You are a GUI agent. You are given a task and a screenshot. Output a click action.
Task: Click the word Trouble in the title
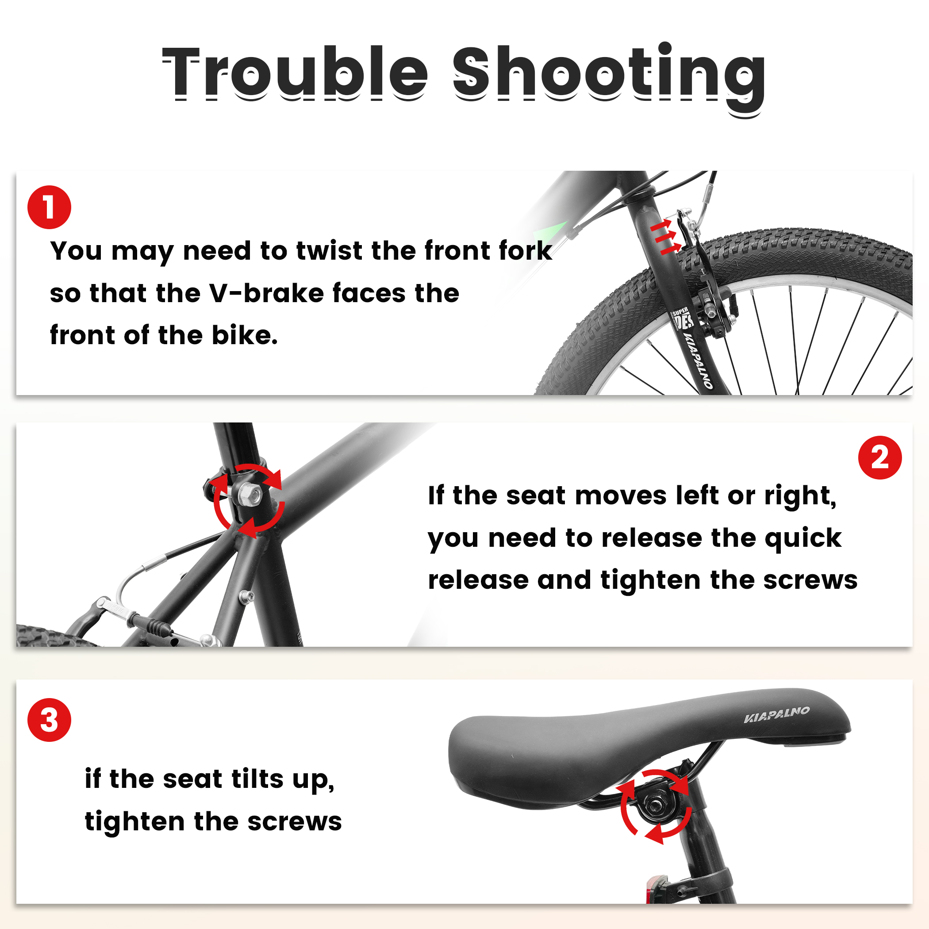[x=294, y=72]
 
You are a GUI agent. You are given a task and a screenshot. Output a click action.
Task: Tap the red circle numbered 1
[x=49, y=207]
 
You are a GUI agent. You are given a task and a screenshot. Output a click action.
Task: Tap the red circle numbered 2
[x=880, y=457]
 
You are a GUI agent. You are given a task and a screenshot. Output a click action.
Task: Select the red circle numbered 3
[x=49, y=720]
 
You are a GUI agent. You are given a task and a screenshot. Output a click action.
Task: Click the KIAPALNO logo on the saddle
[x=776, y=714]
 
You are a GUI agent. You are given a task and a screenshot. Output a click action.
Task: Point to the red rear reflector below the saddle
[x=655, y=890]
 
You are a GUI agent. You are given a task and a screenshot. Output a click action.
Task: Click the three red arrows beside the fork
[x=666, y=237]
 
